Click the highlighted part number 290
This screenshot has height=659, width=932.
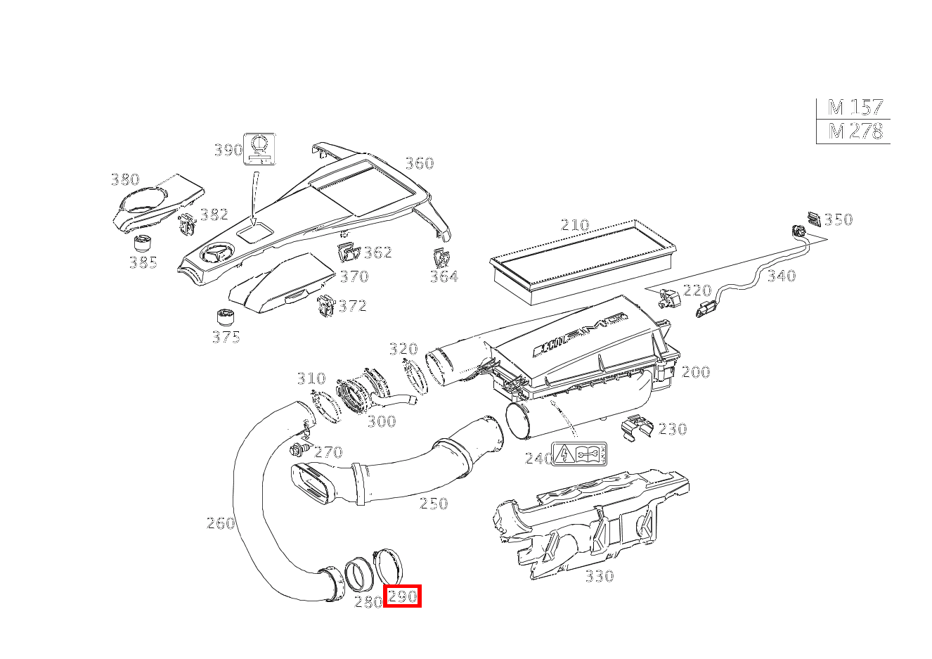coord(403,596)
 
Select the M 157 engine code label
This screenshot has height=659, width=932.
coord(854,108)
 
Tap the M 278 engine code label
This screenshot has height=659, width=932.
coord(854,131)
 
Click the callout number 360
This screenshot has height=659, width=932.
coord(419,163)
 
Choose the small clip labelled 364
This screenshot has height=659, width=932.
coord(441,257)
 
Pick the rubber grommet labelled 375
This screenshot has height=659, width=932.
coord(225,317)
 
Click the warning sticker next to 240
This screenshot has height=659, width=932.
coord(580,454)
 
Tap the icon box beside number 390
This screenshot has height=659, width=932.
coord(259,149)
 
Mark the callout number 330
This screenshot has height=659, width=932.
coord(599,576)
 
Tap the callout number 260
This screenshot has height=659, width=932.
coord(219,523)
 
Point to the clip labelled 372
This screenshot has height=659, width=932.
coord(325,305)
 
